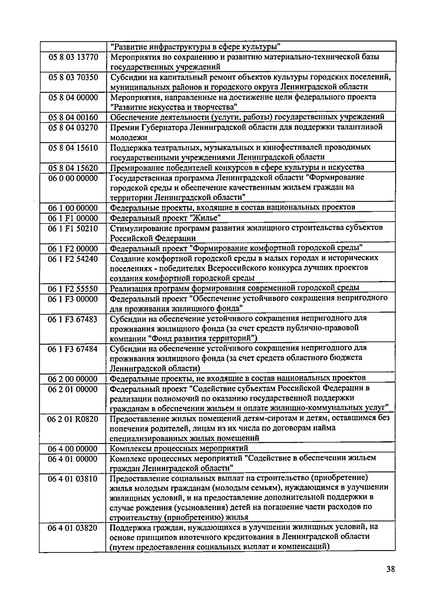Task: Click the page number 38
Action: coord(390,569)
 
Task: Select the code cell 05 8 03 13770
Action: coord(73,57)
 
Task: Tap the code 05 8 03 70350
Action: coord(73,77)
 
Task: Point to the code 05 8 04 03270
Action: coord(73,127)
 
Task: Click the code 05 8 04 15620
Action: coord(73,168)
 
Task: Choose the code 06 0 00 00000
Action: coord(73,178)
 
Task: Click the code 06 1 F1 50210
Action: coord(73,228)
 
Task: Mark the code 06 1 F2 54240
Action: coord(73,259)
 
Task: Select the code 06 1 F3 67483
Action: coord(73,319)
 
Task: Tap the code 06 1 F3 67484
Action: coord(73,349)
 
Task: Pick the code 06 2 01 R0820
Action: coord(73,419)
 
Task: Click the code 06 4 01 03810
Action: coord(73,479)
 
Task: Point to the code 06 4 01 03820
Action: coord(73,528)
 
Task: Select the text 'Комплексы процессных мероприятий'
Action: coord(179,448)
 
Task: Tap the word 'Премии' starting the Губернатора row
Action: coord(123,127)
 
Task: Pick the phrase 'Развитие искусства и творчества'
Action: coord(173,107)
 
